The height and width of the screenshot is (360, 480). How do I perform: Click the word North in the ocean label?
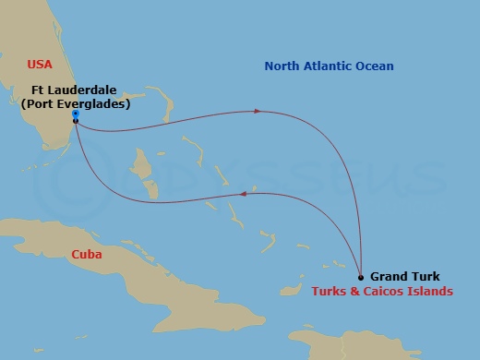[283, 66]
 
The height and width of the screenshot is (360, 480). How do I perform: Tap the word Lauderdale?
[81, 90]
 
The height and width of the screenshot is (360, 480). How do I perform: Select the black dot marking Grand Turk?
[360, 277]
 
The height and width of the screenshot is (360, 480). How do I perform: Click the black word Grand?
[389, 276]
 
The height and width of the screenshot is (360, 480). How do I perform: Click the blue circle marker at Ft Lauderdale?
[75, 114]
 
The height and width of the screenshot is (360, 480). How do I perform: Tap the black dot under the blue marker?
[75, 121]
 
